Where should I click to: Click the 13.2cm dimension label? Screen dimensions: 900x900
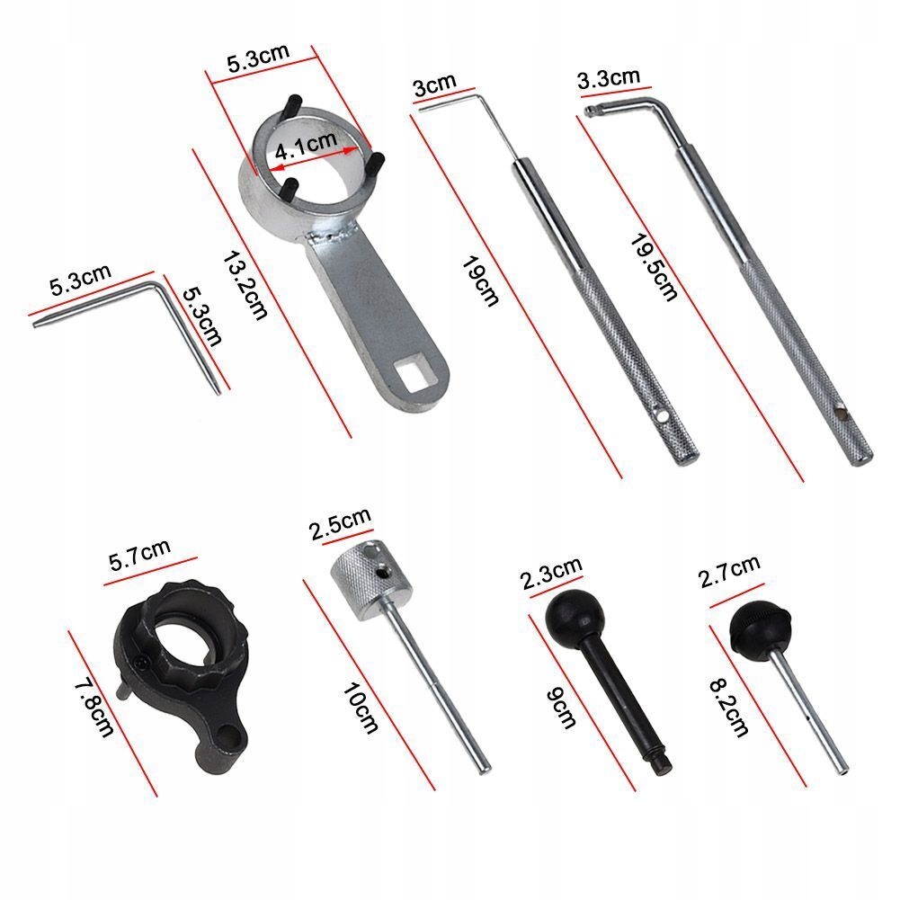coord(245,285)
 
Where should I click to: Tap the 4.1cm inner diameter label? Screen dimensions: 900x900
coord(306,146)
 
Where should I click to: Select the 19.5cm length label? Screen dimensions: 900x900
coord(654,267)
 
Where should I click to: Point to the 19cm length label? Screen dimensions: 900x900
coord(480,281)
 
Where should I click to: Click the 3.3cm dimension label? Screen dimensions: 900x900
coord(609,78)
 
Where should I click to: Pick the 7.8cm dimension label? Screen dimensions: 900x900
coord(94,708)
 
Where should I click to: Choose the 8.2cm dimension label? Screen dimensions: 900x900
coord(729,708)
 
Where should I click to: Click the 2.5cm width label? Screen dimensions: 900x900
coord(341,524)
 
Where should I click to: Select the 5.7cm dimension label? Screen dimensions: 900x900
coord(139,555)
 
